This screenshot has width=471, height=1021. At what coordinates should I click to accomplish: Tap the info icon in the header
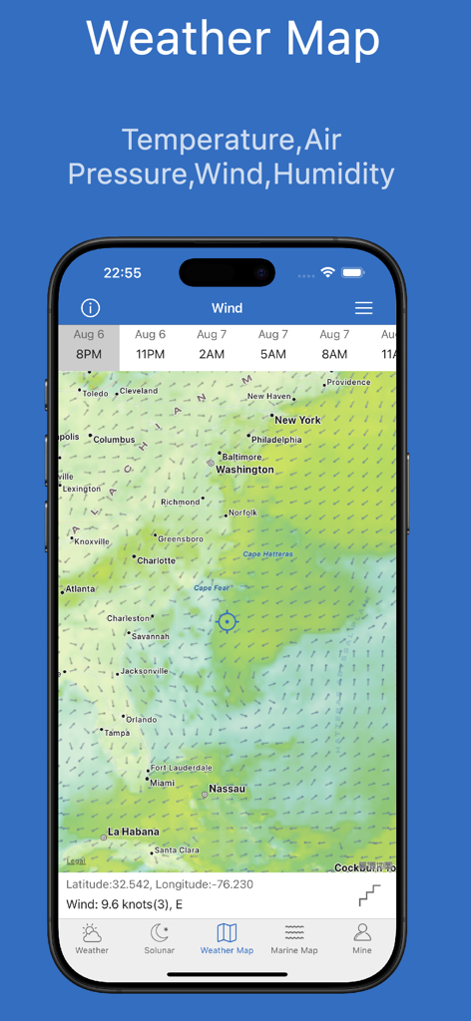(91, 308)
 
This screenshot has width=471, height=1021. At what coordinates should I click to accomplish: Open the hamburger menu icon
(363, 308)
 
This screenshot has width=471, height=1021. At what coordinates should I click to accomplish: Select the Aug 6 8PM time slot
(89, 345)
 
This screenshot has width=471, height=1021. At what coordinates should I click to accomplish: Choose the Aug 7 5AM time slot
(272, 345)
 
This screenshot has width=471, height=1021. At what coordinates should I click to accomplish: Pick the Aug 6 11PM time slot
(151, 345)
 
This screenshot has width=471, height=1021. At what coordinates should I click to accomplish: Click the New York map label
(297, 420)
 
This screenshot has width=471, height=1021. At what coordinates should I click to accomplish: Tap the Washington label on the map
(244, 470)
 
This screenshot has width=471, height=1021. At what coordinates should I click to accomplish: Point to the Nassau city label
(227, 789)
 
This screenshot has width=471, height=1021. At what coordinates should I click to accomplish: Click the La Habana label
(133, 832)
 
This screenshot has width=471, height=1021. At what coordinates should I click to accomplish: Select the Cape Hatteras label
(267, 554)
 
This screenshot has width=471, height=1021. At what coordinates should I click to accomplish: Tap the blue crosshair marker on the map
(228, 622)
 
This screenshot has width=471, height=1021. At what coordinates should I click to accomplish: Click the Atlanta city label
(80, 589)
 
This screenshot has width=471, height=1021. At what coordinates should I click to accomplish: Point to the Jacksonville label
(144, 671)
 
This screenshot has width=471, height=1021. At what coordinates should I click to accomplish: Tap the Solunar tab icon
(160, 933)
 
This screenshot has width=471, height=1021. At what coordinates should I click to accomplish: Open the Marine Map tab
(293, 937)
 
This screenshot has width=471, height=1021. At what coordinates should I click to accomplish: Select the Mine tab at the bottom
(362, 937)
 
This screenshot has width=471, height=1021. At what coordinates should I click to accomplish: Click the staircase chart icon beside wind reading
(369, 895)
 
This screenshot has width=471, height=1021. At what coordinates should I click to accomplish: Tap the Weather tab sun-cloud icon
(92, 933)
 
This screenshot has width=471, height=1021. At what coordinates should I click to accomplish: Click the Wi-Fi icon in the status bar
(327, 272)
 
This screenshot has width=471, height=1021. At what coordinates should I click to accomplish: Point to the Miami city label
(161, 783)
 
